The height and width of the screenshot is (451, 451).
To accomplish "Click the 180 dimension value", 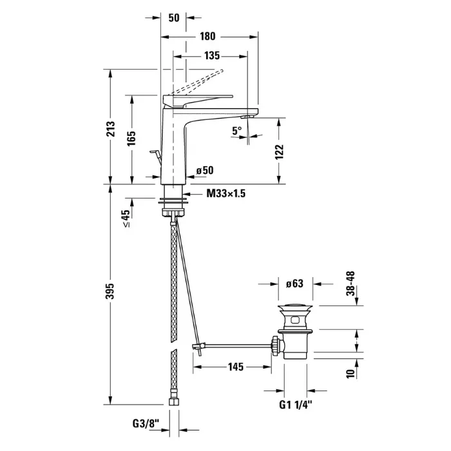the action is coord(207,37).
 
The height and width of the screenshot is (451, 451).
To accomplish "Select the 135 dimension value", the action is coord(212,55).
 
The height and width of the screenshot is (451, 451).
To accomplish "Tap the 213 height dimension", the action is coord(110,129).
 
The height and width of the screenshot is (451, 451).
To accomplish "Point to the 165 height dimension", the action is coord(131,139).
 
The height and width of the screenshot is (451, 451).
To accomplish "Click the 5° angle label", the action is coord(237,131).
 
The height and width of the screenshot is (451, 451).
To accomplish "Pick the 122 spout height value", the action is coord(279,152).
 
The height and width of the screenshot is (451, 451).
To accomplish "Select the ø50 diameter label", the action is coord(205,170).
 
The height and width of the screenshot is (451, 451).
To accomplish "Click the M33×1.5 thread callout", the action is coord(226,193).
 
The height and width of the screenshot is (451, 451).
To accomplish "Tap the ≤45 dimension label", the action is coord(126,218).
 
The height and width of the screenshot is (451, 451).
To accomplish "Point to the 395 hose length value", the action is coord(110,291).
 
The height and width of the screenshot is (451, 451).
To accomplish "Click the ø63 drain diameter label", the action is coord(294,283).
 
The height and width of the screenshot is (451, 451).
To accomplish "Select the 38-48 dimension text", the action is coord(351,283).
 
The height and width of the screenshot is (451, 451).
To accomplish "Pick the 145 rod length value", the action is coord(236,367).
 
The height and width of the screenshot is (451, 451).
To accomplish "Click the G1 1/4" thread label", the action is coord(296,405).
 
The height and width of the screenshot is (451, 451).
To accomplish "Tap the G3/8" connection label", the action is coord(146,423).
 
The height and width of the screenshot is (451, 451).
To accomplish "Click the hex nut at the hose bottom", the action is coord(173,401).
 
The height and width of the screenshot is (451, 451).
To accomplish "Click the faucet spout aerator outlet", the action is coord(247,117).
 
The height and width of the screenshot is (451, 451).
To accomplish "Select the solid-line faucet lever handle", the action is coord(198,101).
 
